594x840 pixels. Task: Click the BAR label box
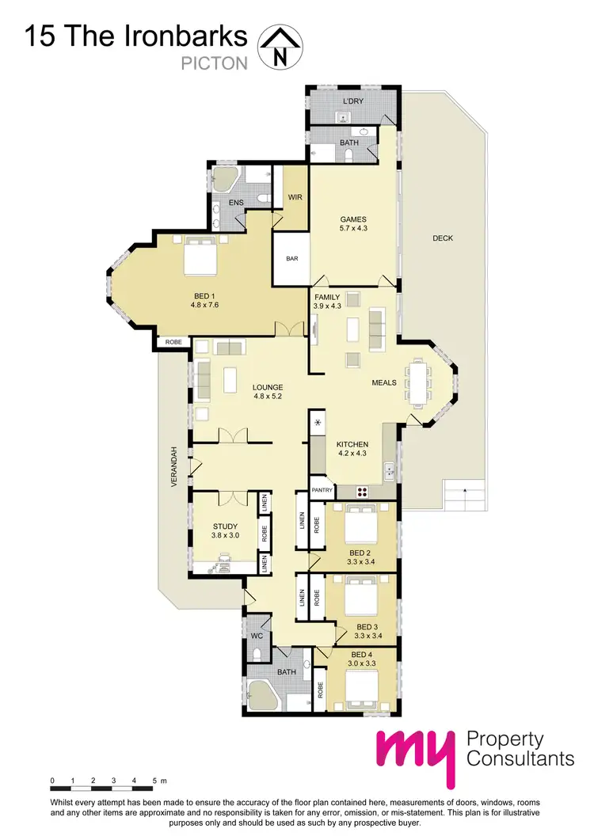point(291,258)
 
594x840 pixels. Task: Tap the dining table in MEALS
point(417,382)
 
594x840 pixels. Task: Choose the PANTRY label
point(322,489)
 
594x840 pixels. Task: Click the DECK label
point(443,238)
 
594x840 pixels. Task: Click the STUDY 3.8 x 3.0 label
point(225,530)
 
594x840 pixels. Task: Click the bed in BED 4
point(364,686)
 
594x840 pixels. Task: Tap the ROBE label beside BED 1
point(173,342)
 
